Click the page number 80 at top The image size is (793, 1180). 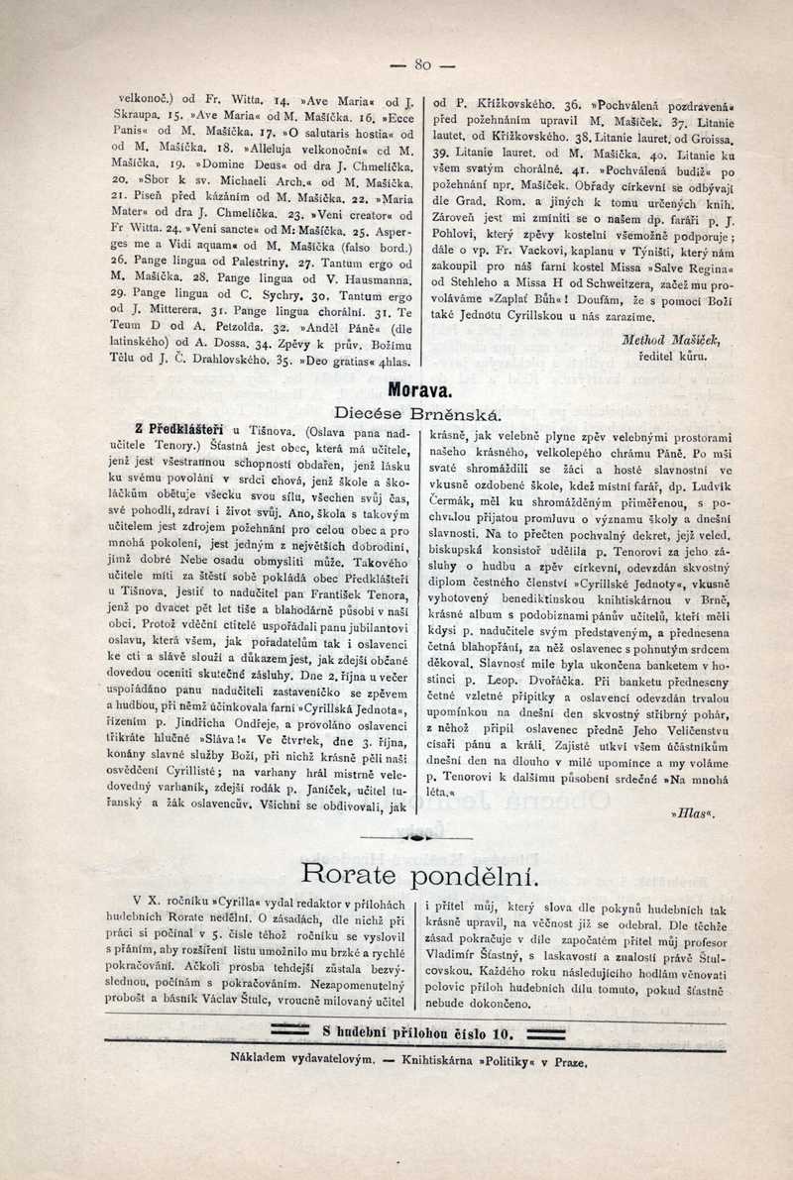(423, 66)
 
